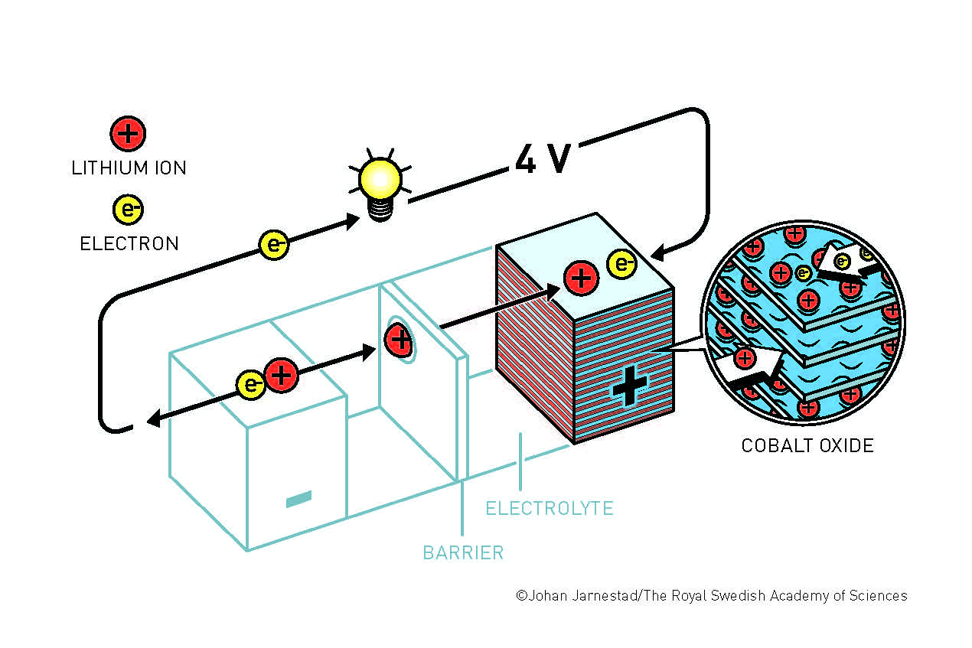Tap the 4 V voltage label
(x=543, y=158)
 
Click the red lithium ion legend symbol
(x=128, y=134)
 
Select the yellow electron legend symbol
(x=128, y=210)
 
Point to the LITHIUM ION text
(x=129, y=168)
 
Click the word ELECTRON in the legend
(x=129, y=243)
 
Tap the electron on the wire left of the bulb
(x=274, y=245)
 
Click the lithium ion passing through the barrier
(x=400, y=339)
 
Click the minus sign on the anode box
(x=299, y=499)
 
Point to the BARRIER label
(x=464, y=553)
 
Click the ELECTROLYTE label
(x=550, y=508)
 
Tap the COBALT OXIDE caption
(x=807, y=446)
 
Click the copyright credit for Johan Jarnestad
(x=712, y=595)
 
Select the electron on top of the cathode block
(x=622, y=264)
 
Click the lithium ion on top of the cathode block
(x=582, y=278)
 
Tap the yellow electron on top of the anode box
(x=251, y=385)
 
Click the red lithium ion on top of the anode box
(x=282, y=375)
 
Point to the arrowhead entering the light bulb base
(x=352, y=221)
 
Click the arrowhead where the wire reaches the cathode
(x=658, y=252)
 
